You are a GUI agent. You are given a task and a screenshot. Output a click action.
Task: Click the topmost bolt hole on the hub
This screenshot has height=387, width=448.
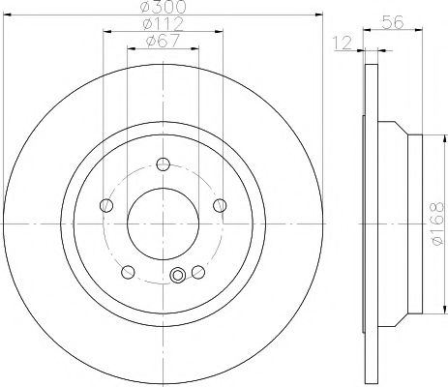(x=163, y=163)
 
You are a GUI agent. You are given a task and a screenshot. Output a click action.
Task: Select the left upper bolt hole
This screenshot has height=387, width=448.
(x=107, y=203)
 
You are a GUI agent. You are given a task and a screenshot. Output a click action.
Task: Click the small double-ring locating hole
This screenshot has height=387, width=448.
(x=177, y=277)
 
